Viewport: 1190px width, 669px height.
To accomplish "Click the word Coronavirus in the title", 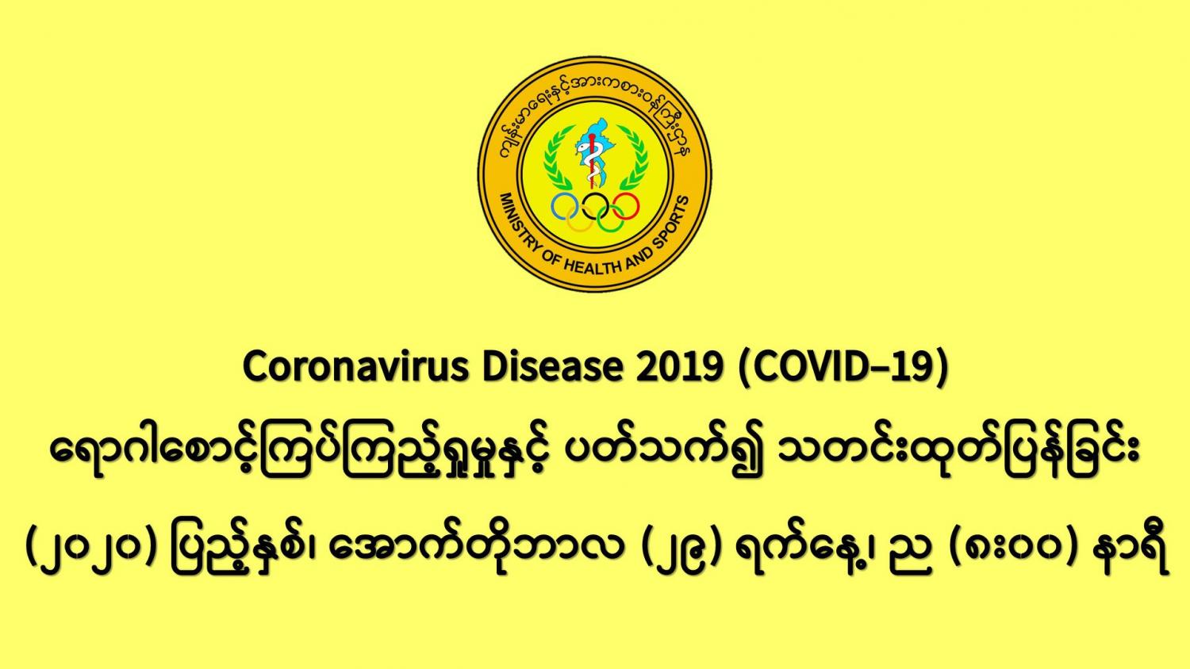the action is (x=356, y=366).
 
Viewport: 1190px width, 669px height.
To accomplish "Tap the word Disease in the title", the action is (x=552, y=366).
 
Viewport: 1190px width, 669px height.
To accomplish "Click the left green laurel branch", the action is (x=556, y=159).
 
